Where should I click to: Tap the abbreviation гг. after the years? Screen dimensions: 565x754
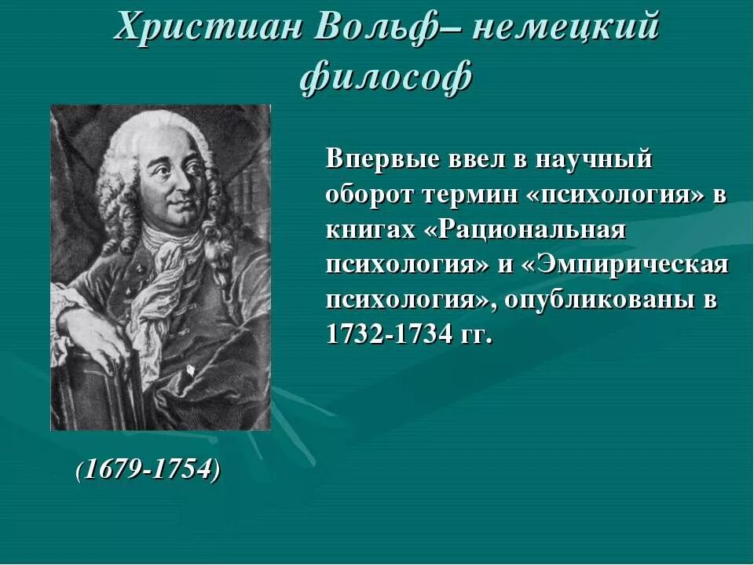[477, 336]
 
